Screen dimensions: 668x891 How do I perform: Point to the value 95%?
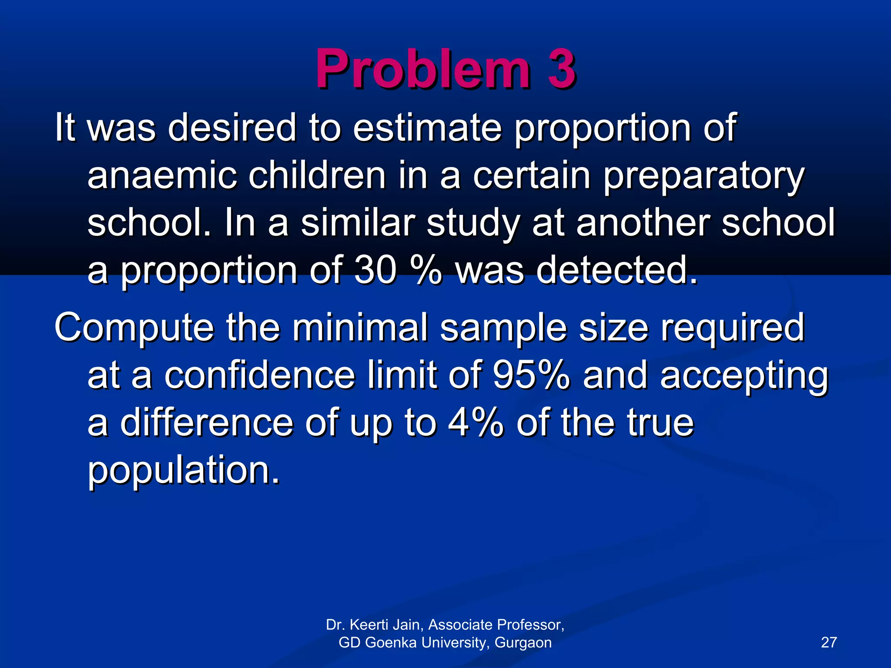(531, 375)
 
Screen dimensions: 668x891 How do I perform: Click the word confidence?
(260, 375)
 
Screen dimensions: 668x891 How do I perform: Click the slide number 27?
(828, 642)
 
